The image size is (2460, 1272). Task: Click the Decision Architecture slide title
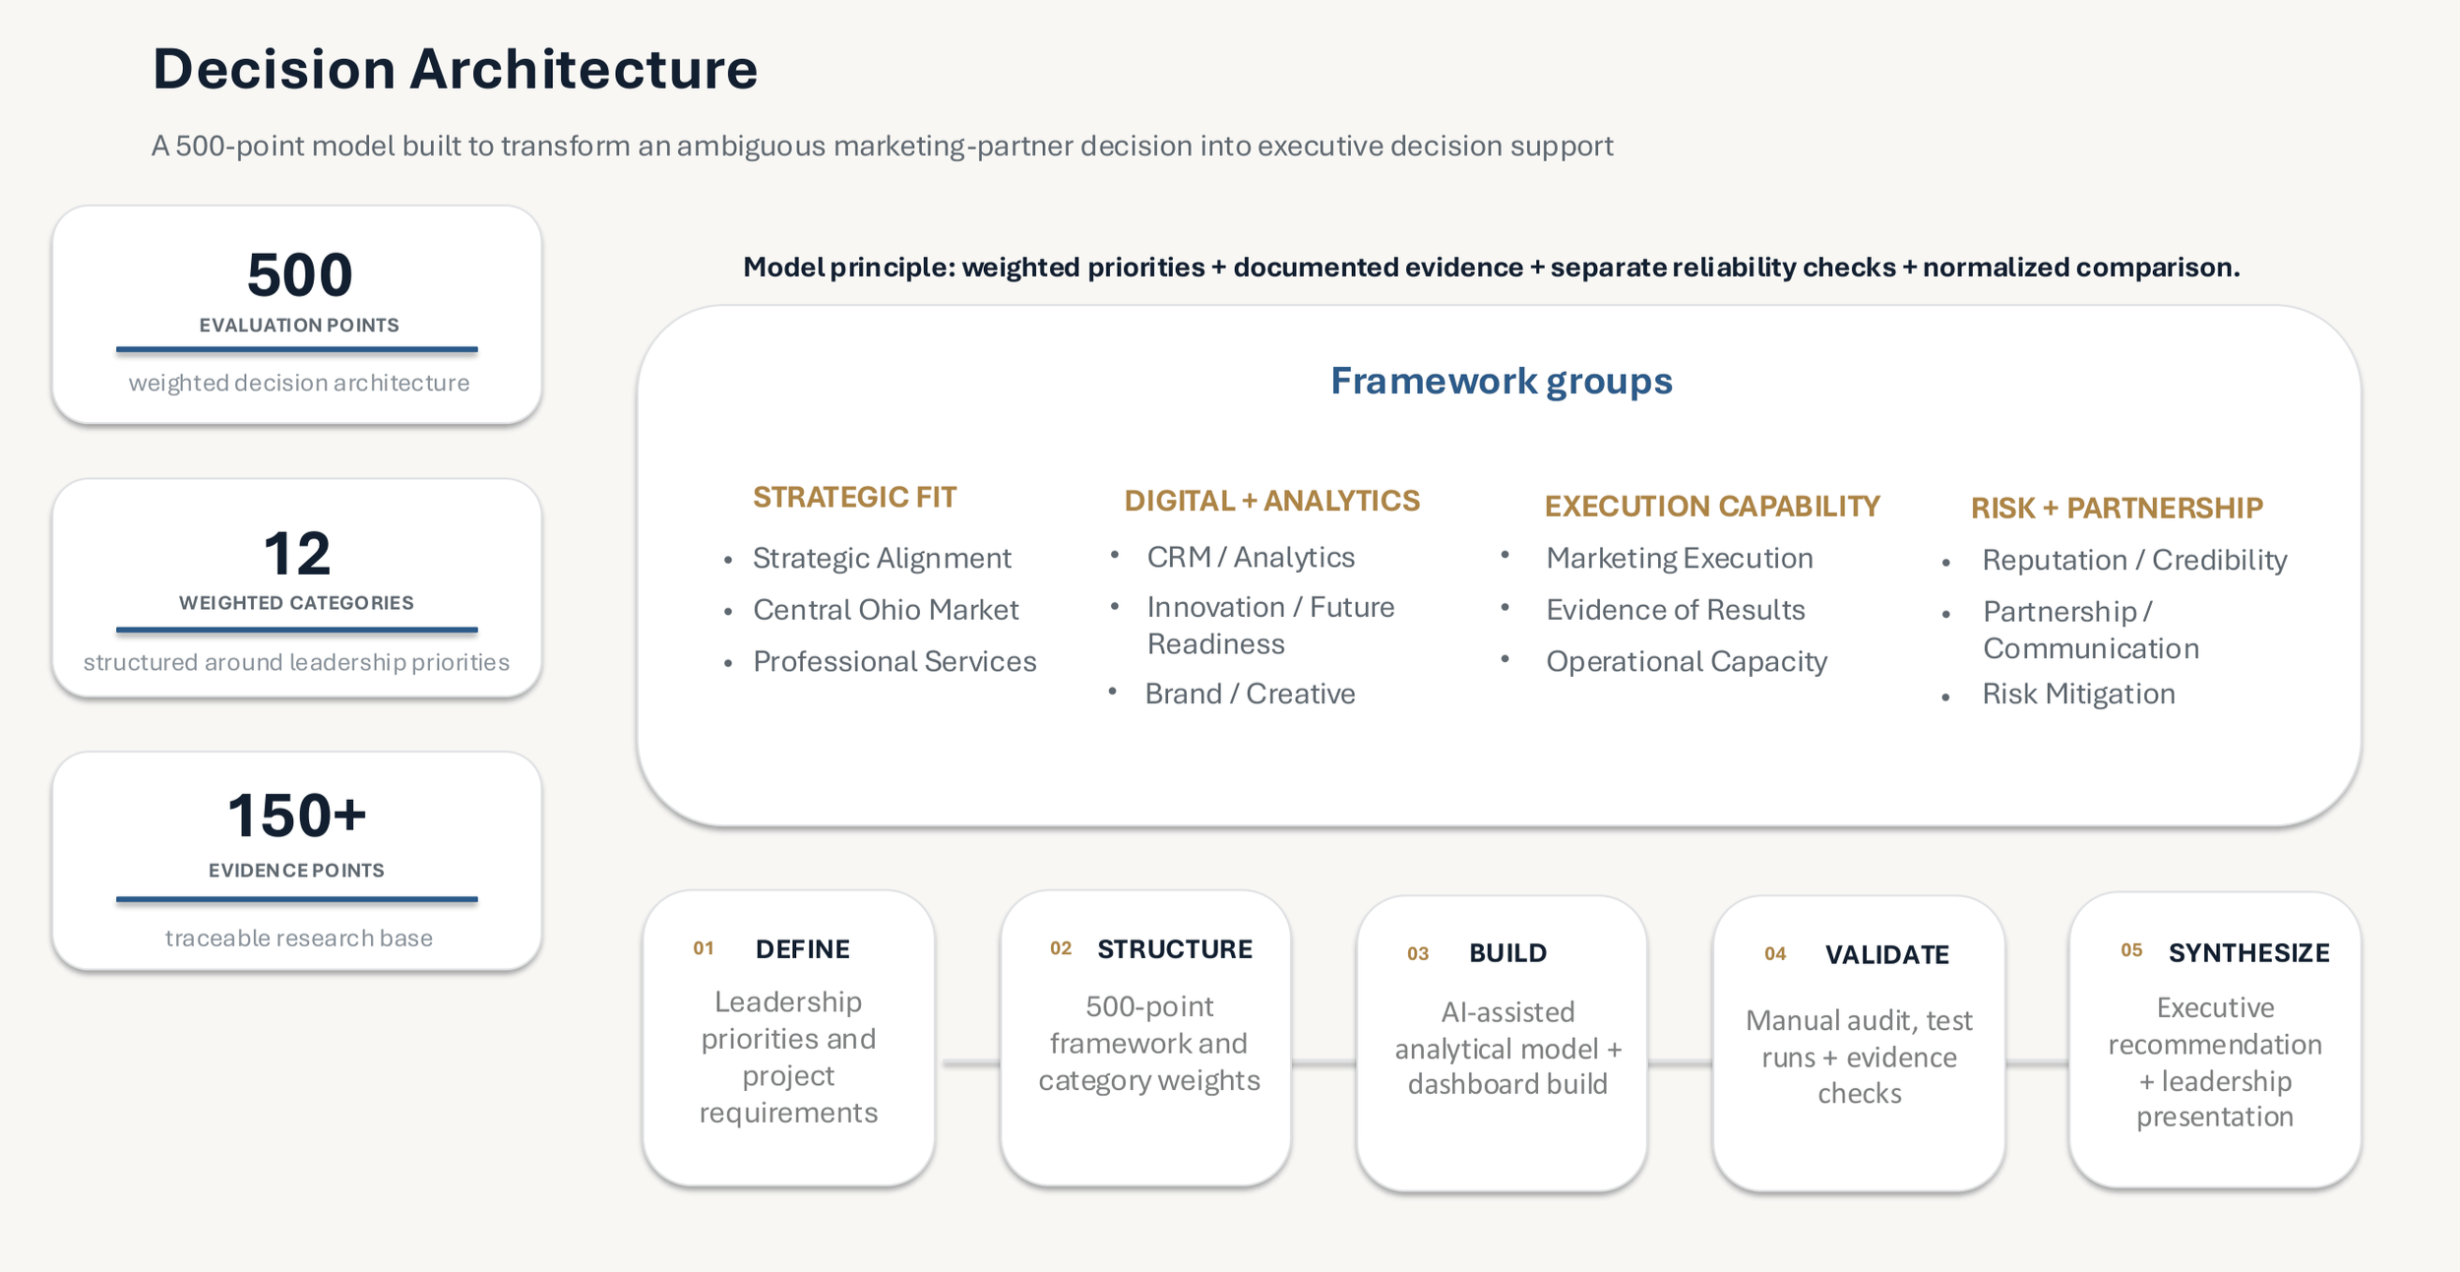[455, 69]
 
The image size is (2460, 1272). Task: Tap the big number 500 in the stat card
[299, 274]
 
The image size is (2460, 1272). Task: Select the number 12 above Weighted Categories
[296, 554]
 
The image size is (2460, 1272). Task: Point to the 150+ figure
[296, 816]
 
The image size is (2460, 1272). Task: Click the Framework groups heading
[1501, 381]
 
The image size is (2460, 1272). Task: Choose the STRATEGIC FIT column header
[854, 497]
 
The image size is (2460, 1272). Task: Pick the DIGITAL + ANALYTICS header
[1271, 501]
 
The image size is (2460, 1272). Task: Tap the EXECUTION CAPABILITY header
[1712, 506]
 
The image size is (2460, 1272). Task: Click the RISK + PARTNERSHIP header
[2117, 508]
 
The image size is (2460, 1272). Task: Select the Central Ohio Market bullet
[886, 610]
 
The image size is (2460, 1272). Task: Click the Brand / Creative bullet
[1250, 694]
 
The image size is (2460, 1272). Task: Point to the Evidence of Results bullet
[1675, 610]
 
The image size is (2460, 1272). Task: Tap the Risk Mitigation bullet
[2078, 694]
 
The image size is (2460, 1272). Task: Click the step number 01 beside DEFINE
[704, 948]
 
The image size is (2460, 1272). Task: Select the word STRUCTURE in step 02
[1175, 949]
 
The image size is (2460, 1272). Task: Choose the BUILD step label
[1507, 953]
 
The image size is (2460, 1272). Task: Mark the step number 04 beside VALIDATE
[1775, 954]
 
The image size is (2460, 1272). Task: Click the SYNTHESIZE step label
[2248, 953]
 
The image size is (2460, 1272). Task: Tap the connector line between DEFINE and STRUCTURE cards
[970, 1063]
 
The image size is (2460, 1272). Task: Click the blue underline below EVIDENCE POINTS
[296, 899]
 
